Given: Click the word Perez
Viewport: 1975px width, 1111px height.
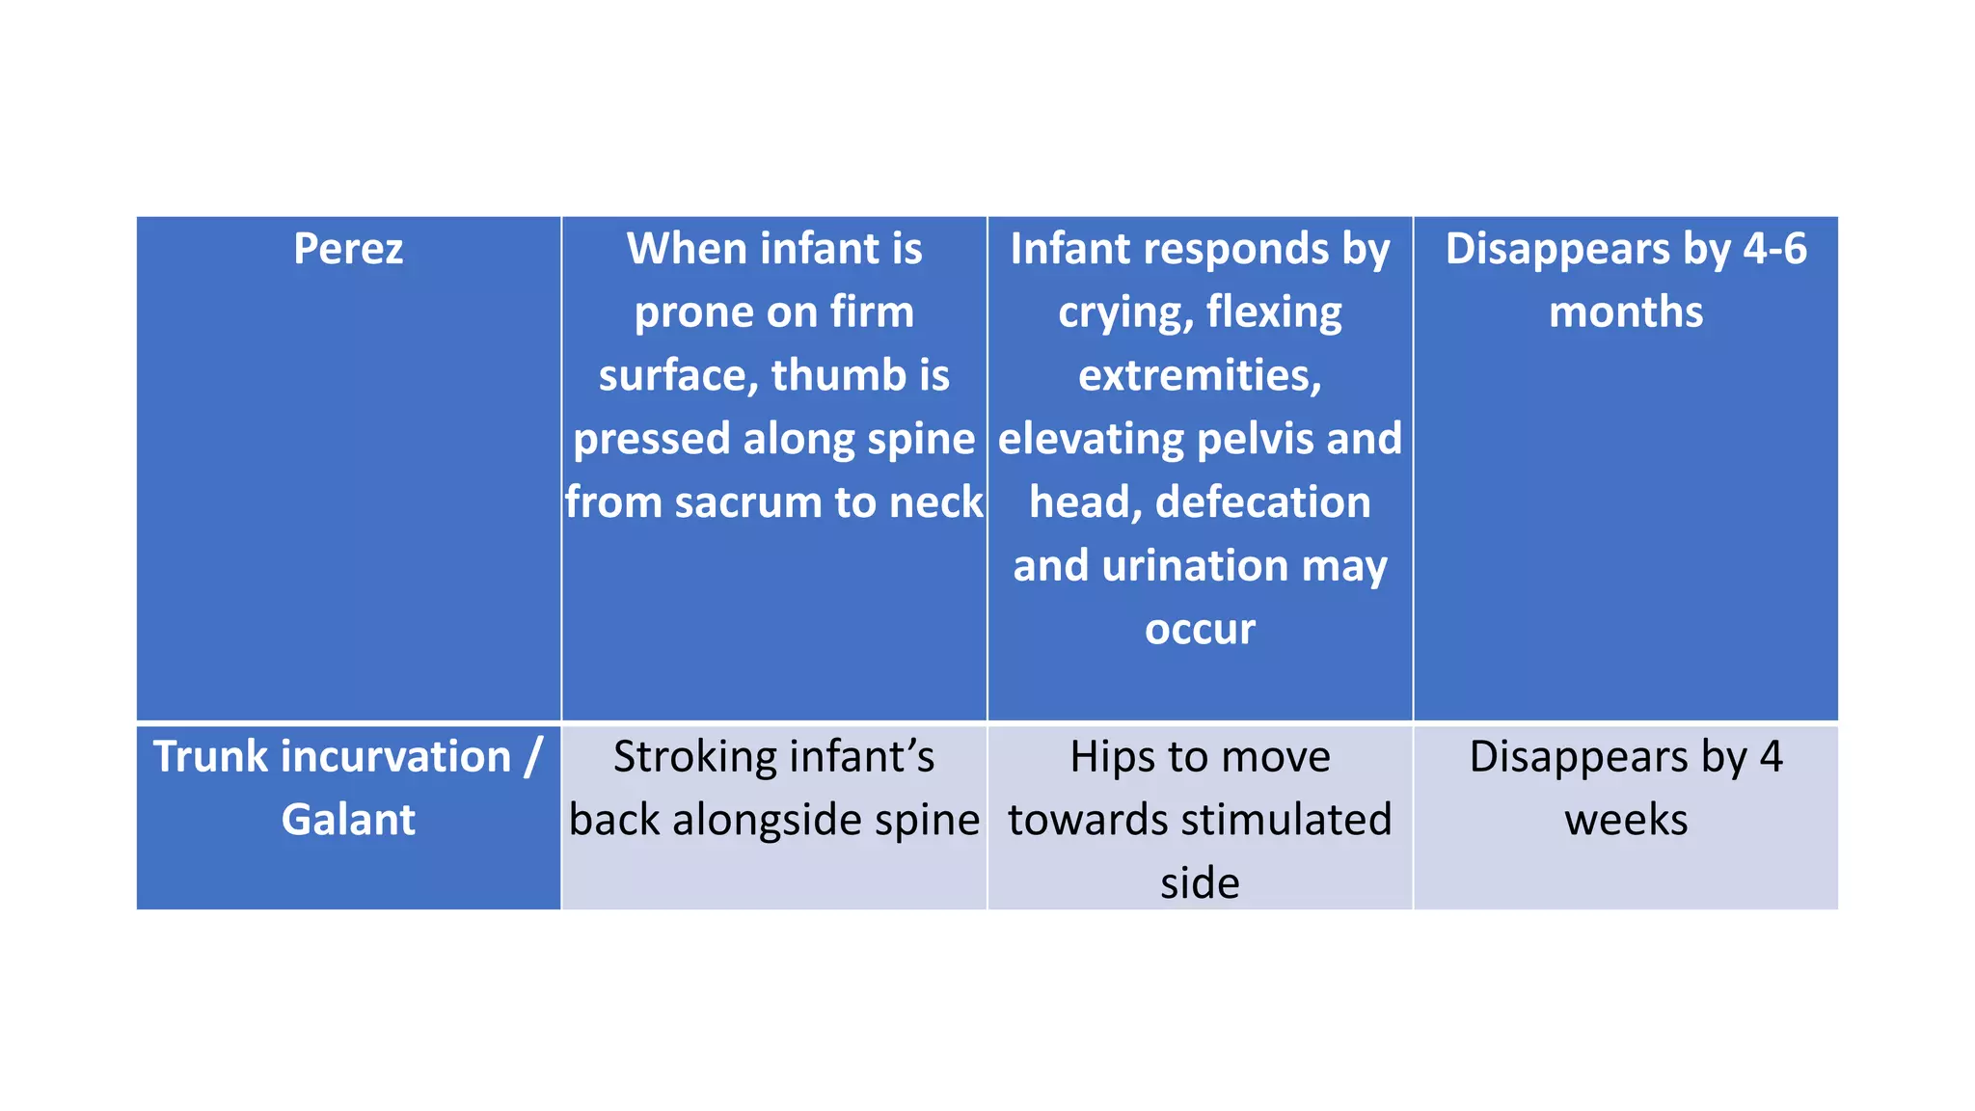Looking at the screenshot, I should click(348, 249).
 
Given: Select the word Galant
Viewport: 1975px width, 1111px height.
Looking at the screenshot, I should click(348, 820).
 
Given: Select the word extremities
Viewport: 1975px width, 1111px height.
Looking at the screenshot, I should click(1200, 375).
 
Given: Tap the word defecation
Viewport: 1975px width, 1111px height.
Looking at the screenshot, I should click(1262, 502).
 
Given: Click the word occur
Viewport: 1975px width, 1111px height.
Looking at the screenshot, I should click(1200, 629).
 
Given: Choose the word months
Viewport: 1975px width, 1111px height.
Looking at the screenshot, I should click(1626, 312).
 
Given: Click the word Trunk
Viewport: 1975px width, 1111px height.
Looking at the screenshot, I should click(211, 756).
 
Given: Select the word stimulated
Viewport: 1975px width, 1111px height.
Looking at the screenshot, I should click(1283, 820).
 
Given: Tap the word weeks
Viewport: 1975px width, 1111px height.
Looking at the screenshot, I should click(1626, 820).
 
